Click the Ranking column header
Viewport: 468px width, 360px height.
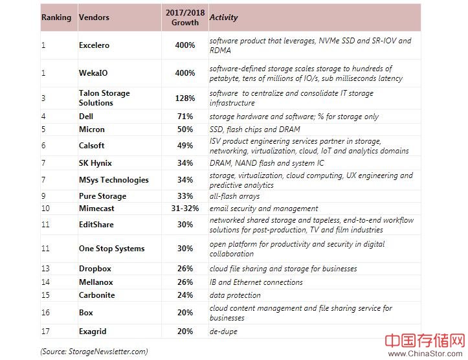pyautogui.click(x=56, y=17)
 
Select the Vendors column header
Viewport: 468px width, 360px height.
pyautogui.click(x=94, y=17)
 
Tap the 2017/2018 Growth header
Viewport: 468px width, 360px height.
pyautogui.click(x=185, y=17)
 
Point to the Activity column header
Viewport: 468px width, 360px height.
pyautogui.click(x=224, y=17)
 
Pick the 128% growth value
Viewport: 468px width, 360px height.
pyautogui.click(x=185, y=98)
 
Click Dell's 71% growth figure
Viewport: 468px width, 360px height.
pyautogui.click(x=185, y=117)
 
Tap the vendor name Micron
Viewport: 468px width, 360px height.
pyautogui.click(x=92, y=129)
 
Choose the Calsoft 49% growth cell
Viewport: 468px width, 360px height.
pyautogui.click(x=185, y=146)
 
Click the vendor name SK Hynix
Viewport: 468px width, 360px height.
pyautogui.click(x=96, y=163)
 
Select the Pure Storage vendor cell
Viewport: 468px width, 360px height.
pyautogui.click(x=102, y=196)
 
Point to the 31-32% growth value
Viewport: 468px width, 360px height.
pyautogui.click(x=185, y=208)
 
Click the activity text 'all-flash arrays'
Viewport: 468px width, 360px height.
pyautogui.click(x=234, y=196)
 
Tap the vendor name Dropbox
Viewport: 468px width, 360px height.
pyautogui.click(x=95, y=269)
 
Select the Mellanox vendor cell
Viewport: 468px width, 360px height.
pyautogui.click(x=96, y=282)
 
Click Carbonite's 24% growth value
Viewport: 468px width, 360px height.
pyautogui.click(x=185, y=295)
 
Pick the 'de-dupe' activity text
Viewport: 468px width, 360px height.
pyautogui.click(x=223, y=332)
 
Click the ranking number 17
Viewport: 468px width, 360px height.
pyautogui.click(x=45, y=332)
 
